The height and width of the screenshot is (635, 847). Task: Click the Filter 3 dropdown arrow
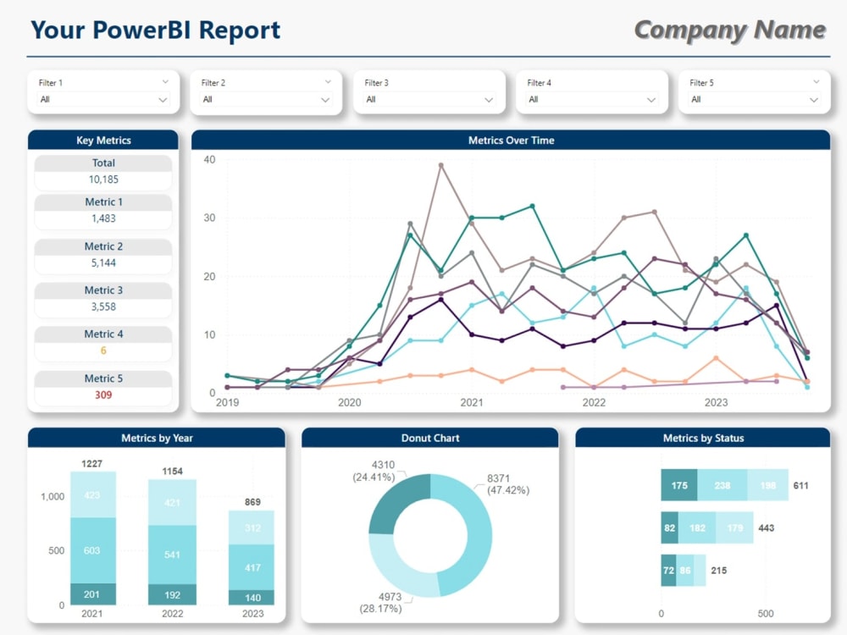tap(489, 100)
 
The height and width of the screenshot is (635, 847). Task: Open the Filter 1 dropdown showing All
tap(103, 99)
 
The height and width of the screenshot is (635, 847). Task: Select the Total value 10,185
tap(102, 179)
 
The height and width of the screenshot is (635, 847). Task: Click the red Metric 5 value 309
tap(102, 395)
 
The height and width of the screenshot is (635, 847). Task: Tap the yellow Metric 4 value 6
tap(102, 351)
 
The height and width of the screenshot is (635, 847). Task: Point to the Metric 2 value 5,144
tap(102, 262)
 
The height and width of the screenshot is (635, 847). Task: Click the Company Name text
tap(729, 30)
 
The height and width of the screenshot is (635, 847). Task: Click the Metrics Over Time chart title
tap(511, 140)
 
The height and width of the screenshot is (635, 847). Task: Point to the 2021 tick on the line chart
tap(471, 403)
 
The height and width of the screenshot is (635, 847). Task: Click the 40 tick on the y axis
tap(209, 160)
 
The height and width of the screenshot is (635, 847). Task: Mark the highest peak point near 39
tap(441, 165)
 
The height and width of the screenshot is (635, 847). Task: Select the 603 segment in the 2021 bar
tap(93, 550)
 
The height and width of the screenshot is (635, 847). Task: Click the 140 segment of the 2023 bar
tap(252, 597)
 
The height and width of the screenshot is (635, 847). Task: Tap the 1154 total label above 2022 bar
tap(172, 471)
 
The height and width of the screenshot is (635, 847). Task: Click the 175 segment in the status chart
tap(679, 485)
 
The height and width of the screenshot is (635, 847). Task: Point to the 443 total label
tap(766, 528)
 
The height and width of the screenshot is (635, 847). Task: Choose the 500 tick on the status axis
tap(765, 614)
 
